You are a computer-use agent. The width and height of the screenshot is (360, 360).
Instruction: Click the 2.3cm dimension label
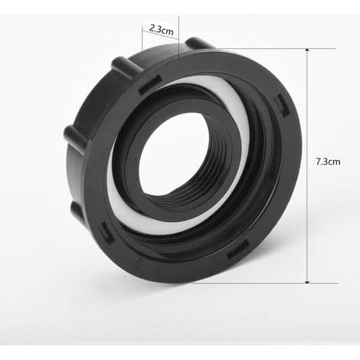click(161, 30)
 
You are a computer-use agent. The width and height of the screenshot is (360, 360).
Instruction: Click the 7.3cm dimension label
click(328, 162)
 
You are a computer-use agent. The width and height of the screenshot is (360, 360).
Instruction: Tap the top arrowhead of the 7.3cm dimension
click(307, 51)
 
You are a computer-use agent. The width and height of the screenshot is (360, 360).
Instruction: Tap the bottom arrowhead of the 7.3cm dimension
click(307, 281)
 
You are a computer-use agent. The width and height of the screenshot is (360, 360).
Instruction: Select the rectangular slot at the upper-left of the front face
click(149, 85)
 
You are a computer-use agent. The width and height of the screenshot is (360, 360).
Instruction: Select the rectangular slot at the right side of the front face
click(283, 105)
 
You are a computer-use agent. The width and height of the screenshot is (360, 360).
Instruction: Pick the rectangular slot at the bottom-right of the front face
click(238, 249)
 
